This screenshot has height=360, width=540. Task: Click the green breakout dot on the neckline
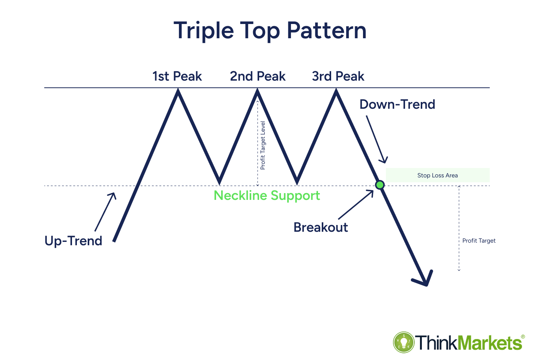(x=379, y=185)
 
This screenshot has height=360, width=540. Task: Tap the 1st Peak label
(x=177, y=76)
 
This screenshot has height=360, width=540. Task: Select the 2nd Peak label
(x=258, y=76)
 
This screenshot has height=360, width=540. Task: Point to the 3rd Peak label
(x=338, y=76)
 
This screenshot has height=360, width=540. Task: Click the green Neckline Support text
(x=267, y=195)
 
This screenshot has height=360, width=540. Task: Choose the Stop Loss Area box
(x=438, y=175)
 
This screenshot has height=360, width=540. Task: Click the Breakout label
(x=321, y=227)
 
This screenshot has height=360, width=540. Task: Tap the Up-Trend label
(x=73, y=241)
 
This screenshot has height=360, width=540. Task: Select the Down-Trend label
(x=397, y=104)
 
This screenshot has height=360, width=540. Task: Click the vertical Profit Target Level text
(x=263, y=145)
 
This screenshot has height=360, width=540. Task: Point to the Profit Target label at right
(x=479, y=241)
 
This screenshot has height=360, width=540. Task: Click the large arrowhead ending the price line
(x=423, y=279)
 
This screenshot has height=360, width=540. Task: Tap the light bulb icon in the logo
(x=404, y=342)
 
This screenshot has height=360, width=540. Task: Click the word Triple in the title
(x=204, y=31)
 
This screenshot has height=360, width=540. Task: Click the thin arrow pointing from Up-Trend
(x=105, y=212)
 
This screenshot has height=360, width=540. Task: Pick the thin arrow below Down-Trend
(x=377, y=139)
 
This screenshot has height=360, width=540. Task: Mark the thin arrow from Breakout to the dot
(x=356, y=205)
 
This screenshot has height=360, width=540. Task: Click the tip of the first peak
(x=178, y=89)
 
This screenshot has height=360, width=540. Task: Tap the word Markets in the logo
(x=489, y=342)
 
